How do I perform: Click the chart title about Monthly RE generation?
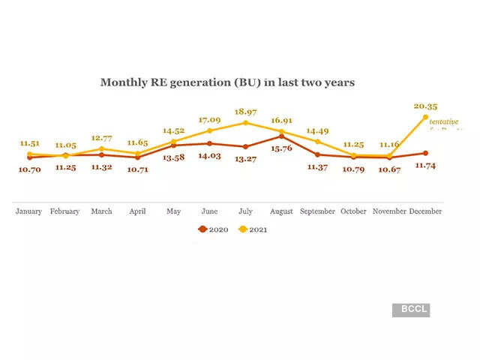pos(227,82)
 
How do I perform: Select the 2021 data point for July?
pos(245,122)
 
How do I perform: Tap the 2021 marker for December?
pos(425,117)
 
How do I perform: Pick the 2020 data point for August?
pos(281,136)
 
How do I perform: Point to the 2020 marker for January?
pos(29,157)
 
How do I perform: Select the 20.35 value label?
pos(425,106)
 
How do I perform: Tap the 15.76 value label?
pos(281,148)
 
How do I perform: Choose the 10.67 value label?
pos(389,169)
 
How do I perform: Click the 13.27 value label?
pos(245,158)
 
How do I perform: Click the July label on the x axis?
pos(245,211)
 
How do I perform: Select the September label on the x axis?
pos(317,211)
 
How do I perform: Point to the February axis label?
pos(65,211)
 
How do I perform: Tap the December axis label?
pos(425,211)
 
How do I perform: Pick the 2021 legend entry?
pos(253,229)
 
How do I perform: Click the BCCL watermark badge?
pos(411,309)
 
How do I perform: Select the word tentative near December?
pos(443,121)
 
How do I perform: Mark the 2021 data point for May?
pos(173,141)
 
